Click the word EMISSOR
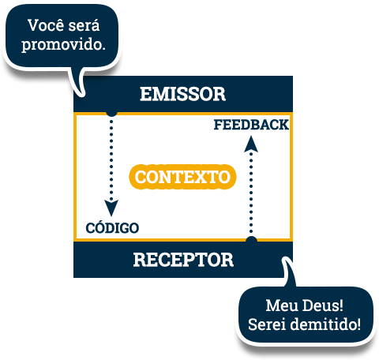coord(182,94)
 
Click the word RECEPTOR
coord(183,260)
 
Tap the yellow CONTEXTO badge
coord(182,177)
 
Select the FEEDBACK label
coord(251,125)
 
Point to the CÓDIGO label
coord(112,227)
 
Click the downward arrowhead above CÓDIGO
coord(111,208)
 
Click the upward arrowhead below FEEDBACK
coord(251,144)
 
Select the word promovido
coord(63,45)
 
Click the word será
coord(84,26)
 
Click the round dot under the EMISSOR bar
coord(111,114)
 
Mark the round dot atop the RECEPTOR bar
coord(251,239)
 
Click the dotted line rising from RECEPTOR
coord(251,192)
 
